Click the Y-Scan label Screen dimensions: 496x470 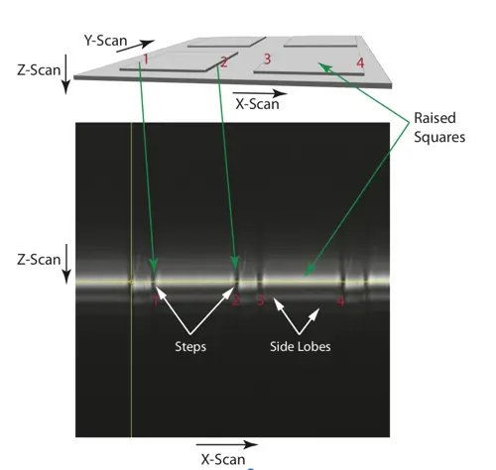(x=105, y=41)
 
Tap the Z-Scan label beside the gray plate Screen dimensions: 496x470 (x=39, y=70)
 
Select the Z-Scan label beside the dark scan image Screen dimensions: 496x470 (x=39, y=260)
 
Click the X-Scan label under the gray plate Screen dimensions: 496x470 (x=257, y=104)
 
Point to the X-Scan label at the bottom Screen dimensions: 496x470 (x=223, y=459)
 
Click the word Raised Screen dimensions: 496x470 (x=434, y=118)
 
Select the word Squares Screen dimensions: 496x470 (x=439, y=137)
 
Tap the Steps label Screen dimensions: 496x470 (x=190, y=347)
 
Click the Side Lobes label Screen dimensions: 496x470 (x=301, y=346)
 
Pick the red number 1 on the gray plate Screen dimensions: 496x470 (x=145, y=59)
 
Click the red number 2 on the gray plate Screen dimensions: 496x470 (x=224, y=62)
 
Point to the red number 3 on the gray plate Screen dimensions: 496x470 (x=267, y=59)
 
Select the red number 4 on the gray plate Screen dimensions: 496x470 (x=360, y=62)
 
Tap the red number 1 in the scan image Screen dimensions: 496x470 (x=155, y=301)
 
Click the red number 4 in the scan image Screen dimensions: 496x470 (x=340, y=301)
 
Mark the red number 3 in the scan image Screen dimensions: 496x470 (x=261, y=300)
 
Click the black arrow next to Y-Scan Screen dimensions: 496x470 (x=135, y=47)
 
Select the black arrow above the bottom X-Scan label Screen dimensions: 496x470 (x=227, y=444)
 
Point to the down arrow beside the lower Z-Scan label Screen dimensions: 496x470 (x=66, y=264)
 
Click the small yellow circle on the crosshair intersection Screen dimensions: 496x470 (x=131, y=282)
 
